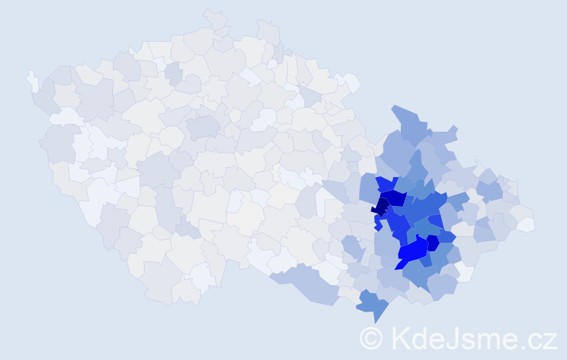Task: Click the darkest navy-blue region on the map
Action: [x=380, y=206]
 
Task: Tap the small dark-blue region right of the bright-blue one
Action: [x=433, y=243]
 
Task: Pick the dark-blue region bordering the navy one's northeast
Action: [x=395, y=198]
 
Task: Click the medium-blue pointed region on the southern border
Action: [x=373, y=303]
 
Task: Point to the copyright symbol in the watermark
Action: [x=371, y=338]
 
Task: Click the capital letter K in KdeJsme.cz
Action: [x=401, y=337]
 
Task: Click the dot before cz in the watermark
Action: [x=524, y=346]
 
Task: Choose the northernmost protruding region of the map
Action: [x=214, y=18]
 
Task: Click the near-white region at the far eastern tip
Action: [x=526, y=224]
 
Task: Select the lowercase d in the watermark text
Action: [x=422, y=337]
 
